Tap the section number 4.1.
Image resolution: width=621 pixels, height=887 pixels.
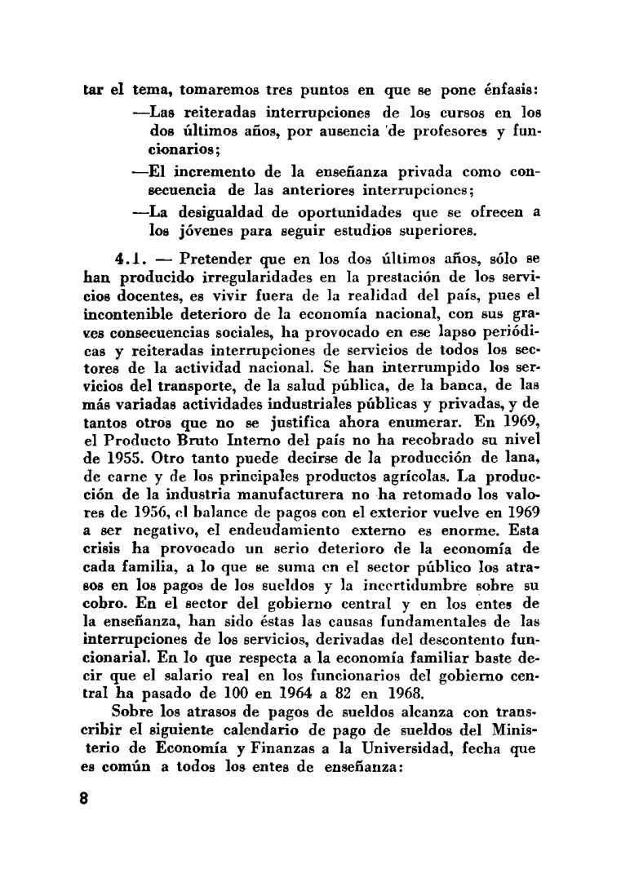[131, 259]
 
